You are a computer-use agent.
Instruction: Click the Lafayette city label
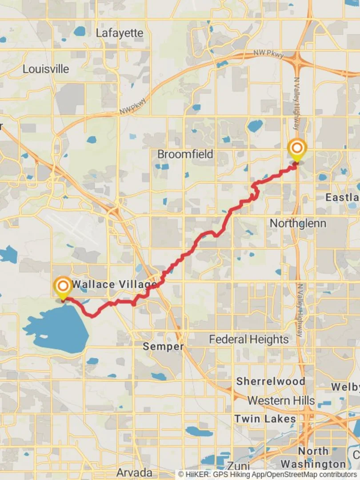point(120,33)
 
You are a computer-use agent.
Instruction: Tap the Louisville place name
point(46,69)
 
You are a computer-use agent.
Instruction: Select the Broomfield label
point(185,154)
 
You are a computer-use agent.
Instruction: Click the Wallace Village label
point(114,284)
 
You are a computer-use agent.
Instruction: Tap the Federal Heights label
point(248,340)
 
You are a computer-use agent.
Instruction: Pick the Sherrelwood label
point(270,381)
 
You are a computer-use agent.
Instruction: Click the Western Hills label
point(281,400)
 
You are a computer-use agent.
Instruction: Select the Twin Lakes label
point(265,419)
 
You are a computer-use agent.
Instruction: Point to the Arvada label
point(134,472)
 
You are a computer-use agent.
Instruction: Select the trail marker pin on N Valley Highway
point(296,149)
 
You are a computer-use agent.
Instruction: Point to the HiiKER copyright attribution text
point(268,475)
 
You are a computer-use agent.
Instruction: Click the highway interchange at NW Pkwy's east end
point(297,58)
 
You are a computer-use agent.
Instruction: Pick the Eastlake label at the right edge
point(342,197)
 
